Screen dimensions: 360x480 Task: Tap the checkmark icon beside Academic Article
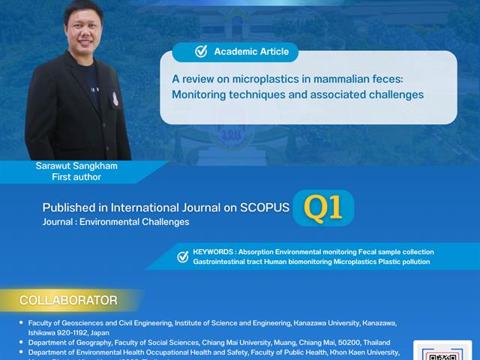point(201,52)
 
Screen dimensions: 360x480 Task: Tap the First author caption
point(76,177)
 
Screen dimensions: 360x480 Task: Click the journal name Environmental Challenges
point(141,222)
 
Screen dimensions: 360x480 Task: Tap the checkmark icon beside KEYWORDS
point(183,256)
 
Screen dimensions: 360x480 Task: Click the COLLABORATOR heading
point(68,301)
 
